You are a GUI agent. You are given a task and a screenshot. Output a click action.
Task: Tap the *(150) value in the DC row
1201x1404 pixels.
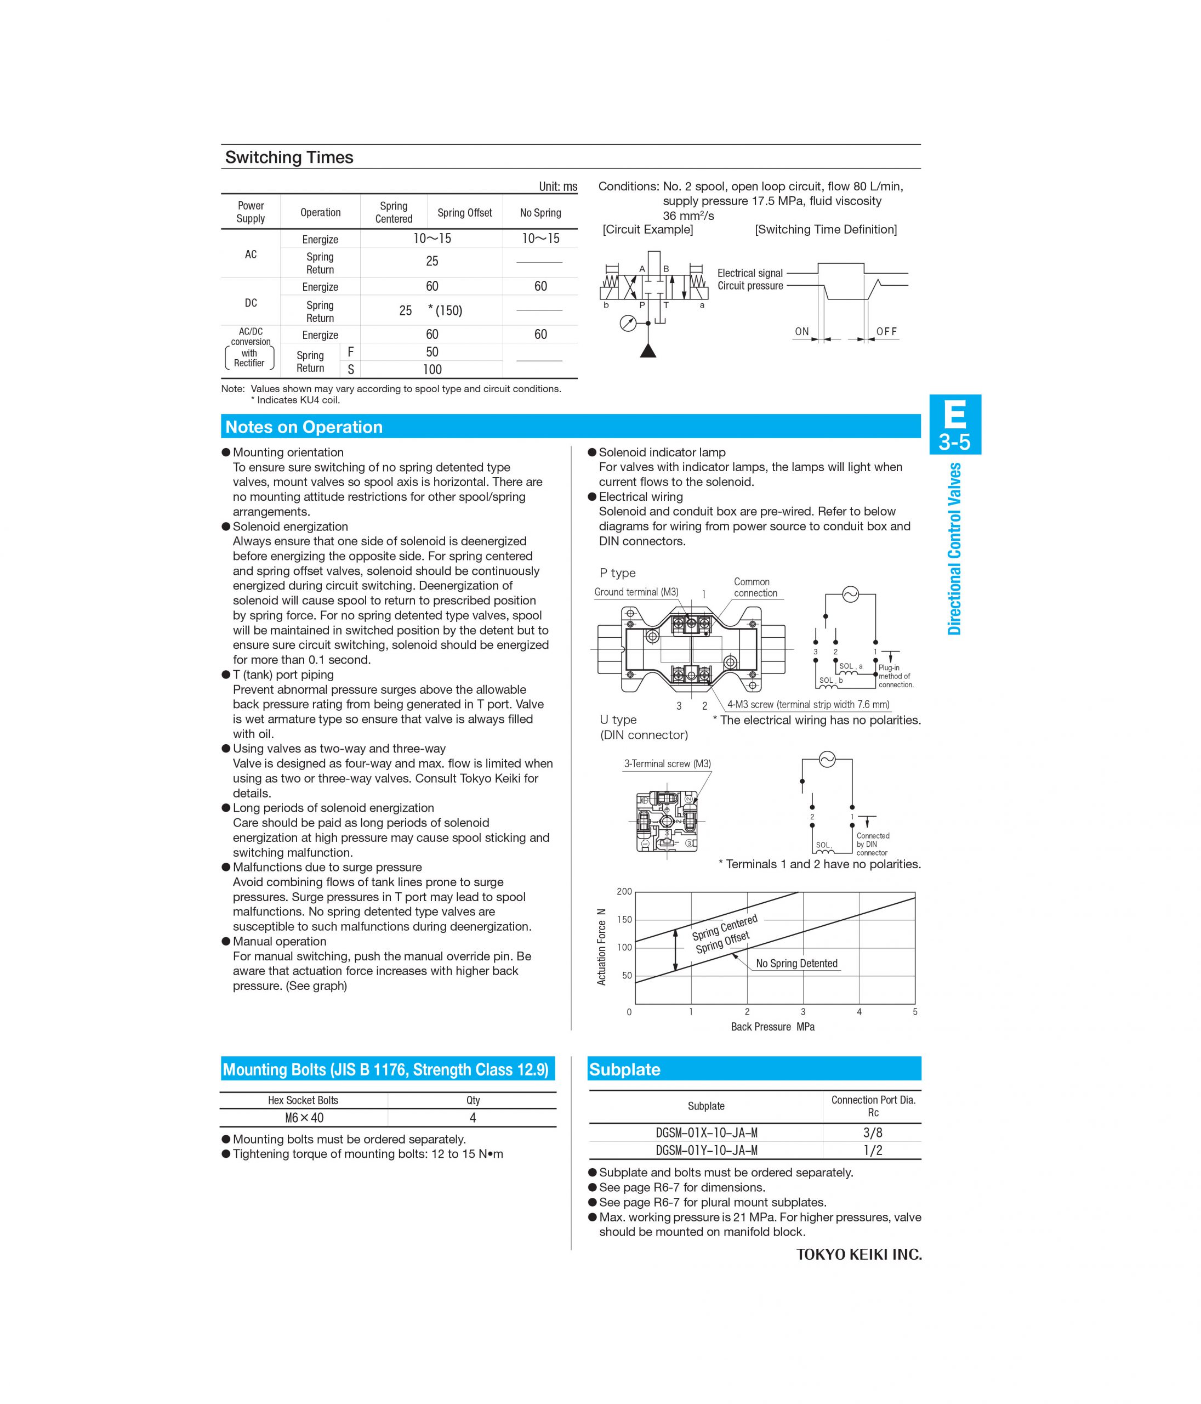tap(445, 310)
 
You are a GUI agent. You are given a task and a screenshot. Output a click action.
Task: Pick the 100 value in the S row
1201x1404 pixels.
tap(431, 369)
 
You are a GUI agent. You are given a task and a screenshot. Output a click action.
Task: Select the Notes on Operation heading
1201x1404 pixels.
tap(304, 427)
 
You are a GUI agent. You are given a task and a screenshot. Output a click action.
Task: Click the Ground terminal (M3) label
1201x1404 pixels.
tap(635, 592)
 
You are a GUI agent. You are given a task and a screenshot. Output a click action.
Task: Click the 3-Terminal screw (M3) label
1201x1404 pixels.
tap(667, 763)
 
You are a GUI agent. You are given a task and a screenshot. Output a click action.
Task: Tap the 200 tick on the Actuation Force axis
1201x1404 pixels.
tap(624, 891)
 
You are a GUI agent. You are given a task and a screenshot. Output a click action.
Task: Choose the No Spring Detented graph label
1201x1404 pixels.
tap(796, 963)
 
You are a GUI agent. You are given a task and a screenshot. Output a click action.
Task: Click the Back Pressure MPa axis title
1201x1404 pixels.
tap(772, 1027)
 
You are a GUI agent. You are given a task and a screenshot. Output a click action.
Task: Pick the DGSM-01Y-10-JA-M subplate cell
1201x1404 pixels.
tap(706, 1150)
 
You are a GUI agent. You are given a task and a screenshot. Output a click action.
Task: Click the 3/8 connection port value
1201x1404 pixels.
tap(873, 1133)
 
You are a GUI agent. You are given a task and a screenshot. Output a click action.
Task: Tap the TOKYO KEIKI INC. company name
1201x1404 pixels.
tap(858, 1254)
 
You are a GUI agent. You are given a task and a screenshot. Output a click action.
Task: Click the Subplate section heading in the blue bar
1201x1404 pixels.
tap(624, 1069)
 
